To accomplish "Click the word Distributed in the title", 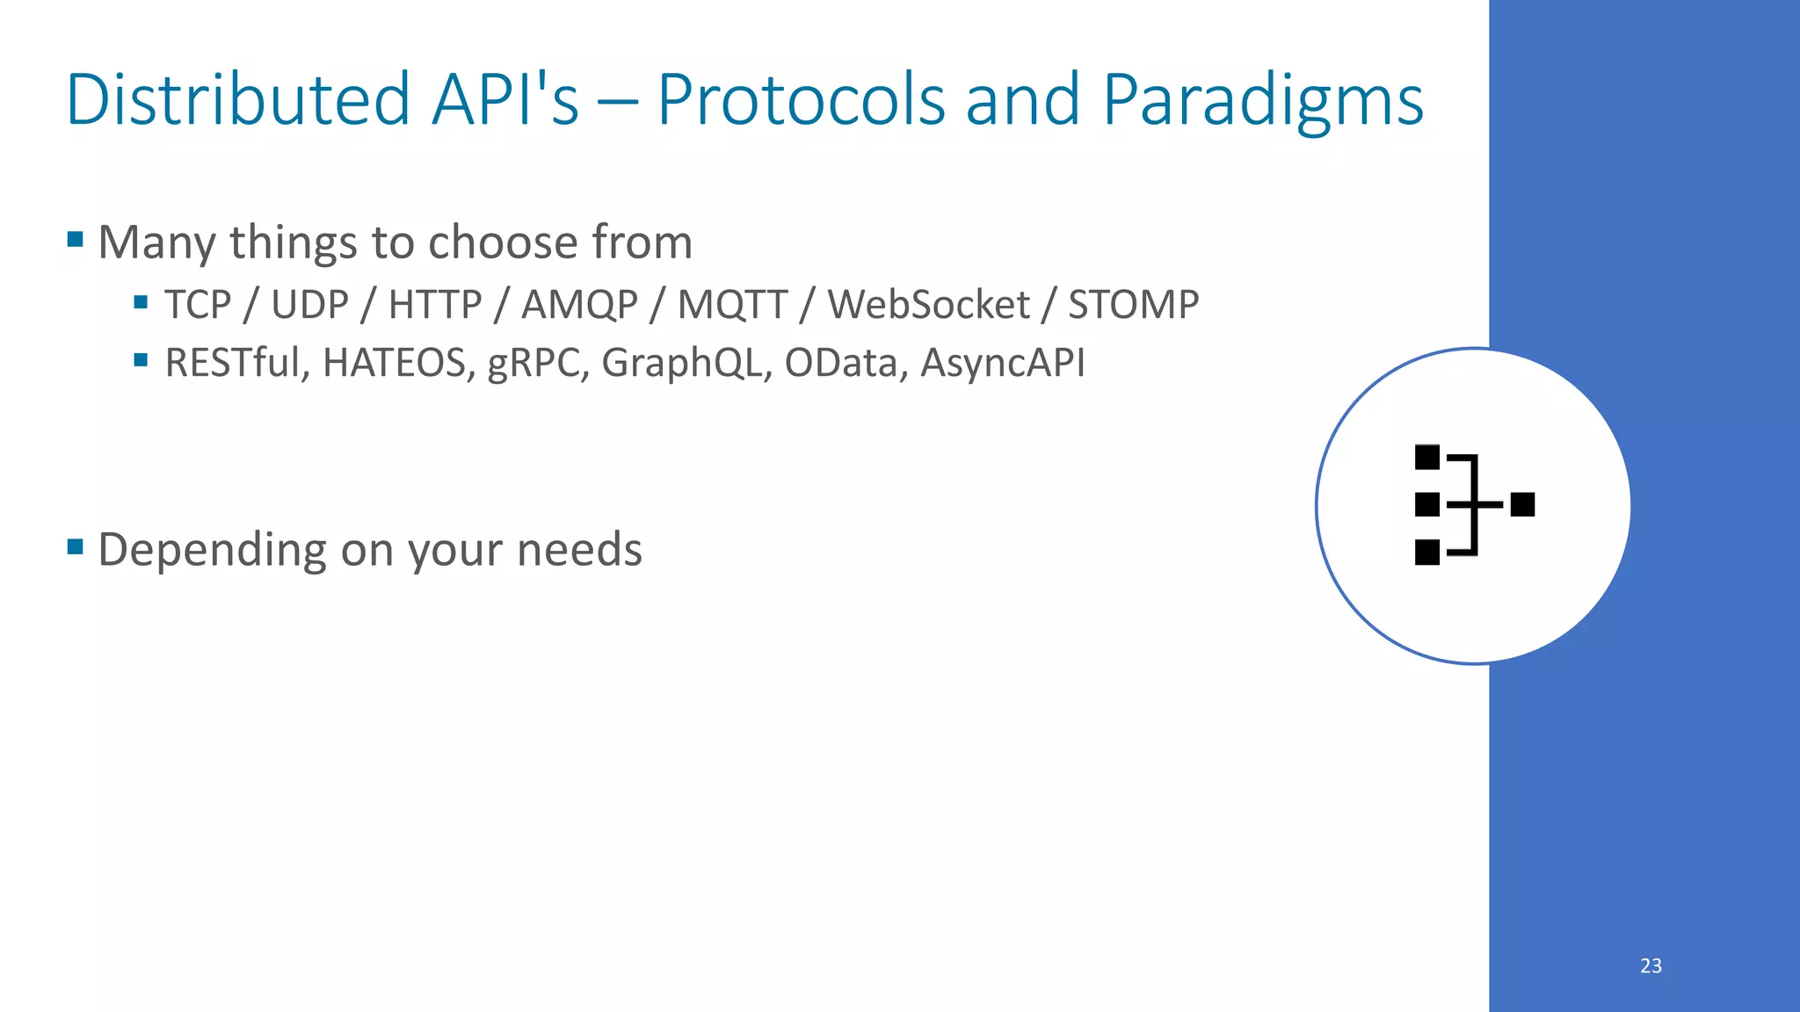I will click(237, 99).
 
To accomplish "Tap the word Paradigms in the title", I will click(1262, 99).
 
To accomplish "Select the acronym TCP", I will click(198, 305).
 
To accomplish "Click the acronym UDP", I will click(309, 305).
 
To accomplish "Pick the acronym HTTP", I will click(435, 305).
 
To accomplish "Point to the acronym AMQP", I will click(579, 305).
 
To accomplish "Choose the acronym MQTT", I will click(732, 305).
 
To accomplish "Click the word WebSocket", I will click(928, 305).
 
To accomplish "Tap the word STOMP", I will click(1133, 305).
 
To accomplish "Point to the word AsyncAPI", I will click(1002, 363).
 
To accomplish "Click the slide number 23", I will click(1651, 965).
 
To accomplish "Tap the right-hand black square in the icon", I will click(1522, 505).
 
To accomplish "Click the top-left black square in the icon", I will click(1427, 458).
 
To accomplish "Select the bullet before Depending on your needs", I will click(75, 547).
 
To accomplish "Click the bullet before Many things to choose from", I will click(75, 239).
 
